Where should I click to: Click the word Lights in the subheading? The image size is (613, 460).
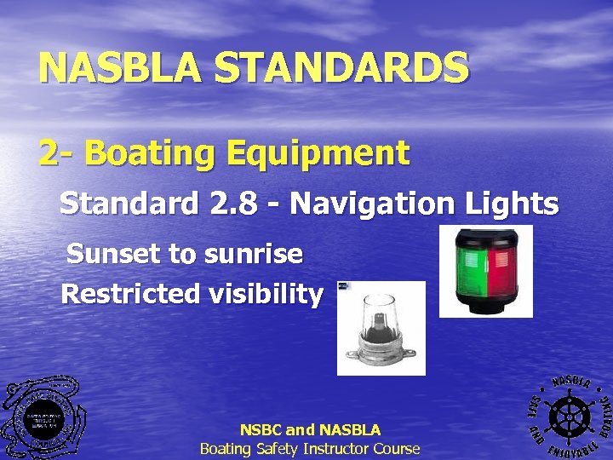[513, 204]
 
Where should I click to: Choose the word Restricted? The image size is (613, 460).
[122, 294]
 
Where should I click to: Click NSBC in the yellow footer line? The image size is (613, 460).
[264, 430]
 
